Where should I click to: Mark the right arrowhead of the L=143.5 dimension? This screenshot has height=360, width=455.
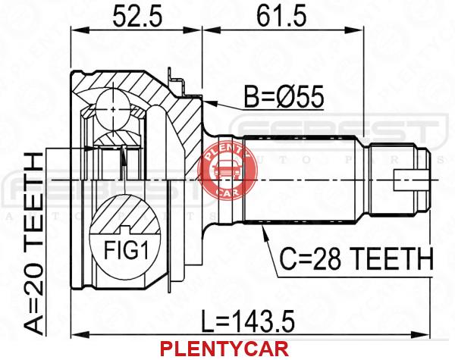[x=428, y=333]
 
